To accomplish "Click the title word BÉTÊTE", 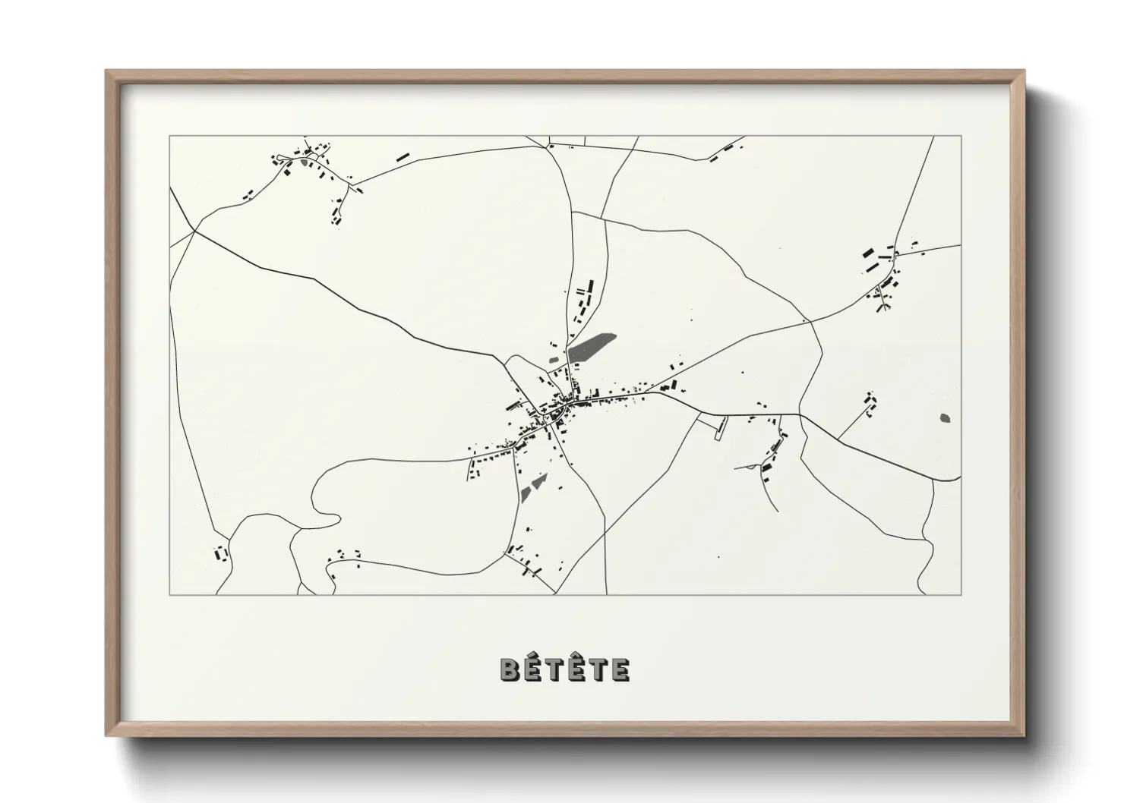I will pyautogui.click(x=564, y=669).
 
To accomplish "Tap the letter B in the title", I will pyautogui.click(x=509, y=669).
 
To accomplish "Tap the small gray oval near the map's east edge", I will pyautogui.click(x=945, y=417).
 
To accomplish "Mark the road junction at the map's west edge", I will pyautogui.click(x=194, y=230).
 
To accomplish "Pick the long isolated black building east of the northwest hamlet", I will pyautogui.click(x=402, y=157).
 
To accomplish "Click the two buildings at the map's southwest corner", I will pyautogui.click(x=221, y=553).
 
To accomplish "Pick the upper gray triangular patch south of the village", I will pyautogui.click(x=539, y=480).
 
